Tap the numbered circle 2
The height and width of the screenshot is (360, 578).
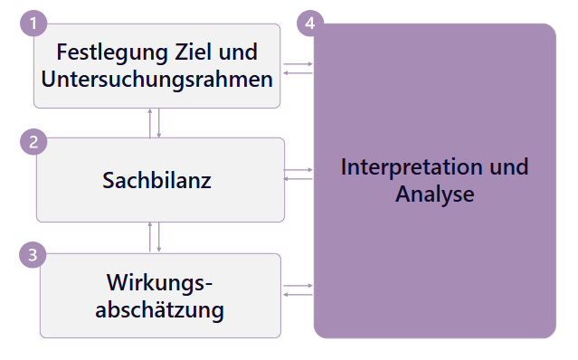pos(33,142)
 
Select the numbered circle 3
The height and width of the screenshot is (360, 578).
pos(33,255)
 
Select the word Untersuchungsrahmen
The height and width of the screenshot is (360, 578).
pos(156,79)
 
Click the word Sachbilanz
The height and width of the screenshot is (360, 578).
pos(156,180)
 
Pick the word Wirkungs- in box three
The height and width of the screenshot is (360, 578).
pos(159,283)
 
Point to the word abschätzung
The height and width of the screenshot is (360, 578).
pos(159,311)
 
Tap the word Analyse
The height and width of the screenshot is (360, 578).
pos(435,194)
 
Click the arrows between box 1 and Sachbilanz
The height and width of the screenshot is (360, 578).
pos(155,123)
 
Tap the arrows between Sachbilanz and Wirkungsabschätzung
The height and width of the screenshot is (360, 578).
pos(155,237)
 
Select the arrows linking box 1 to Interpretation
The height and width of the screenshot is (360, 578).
pos(298,68)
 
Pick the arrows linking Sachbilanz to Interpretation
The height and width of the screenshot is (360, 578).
pos(298,174)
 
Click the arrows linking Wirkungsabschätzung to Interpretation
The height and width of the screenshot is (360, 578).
pos(298,289)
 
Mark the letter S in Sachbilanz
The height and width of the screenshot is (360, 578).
pos(108,180)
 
